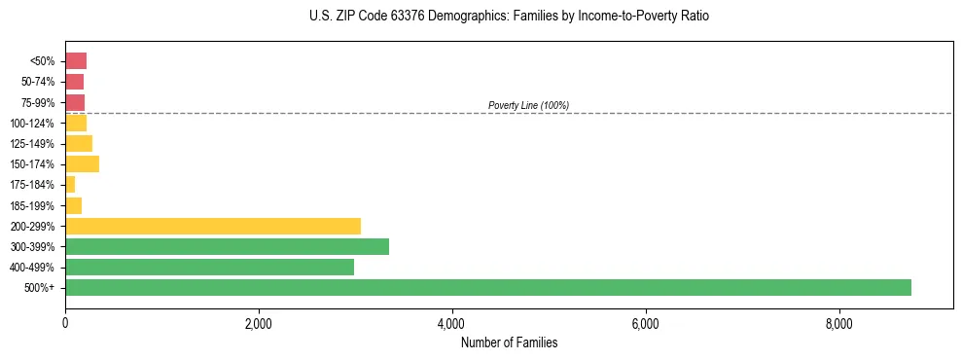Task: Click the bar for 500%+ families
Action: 487,287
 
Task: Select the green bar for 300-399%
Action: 227,246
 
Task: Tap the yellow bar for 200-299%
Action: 212,226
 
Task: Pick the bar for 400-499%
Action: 209,267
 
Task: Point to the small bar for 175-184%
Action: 70,184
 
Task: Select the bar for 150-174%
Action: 82,163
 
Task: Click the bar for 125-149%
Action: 79,143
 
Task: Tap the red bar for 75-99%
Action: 75,102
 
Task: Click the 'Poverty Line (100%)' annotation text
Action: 528,105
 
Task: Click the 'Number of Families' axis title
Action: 509,342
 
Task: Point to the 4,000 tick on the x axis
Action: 451,323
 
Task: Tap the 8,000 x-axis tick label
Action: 838,323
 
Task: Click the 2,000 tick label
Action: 259,323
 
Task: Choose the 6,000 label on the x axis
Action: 645,323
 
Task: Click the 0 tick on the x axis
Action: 65,323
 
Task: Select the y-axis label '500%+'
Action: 40,288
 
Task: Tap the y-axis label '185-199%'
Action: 32,205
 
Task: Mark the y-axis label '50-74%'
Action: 36,82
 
